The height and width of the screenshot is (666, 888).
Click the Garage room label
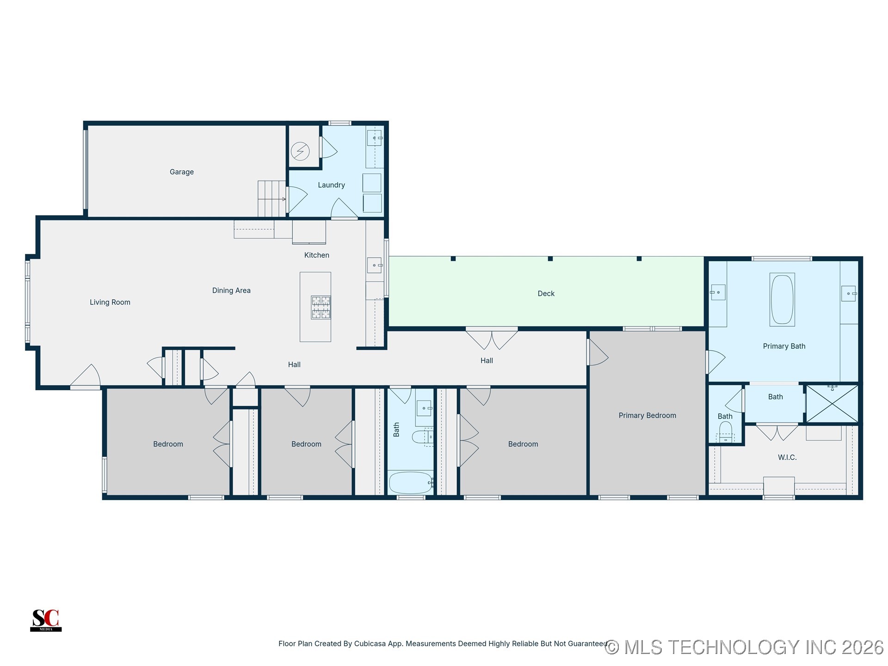[181, 172]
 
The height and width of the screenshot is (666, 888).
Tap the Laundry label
[331, 185]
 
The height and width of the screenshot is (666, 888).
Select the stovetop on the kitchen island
[321, 308]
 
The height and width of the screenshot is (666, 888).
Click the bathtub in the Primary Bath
[782, 300]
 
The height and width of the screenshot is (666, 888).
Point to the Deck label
[546, 294]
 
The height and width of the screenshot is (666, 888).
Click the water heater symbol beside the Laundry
[300, 151]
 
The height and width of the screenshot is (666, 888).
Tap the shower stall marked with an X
[832, 404]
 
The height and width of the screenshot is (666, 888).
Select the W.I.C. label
[787, 457]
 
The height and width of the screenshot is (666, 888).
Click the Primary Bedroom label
[647, 415]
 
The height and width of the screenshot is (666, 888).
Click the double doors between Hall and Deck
[492, 339]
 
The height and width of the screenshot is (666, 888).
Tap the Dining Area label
[231, 290]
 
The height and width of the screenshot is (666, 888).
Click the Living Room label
[110, 302]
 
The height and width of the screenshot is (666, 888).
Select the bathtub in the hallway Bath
[410, 483]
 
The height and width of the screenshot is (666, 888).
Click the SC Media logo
[46, 620]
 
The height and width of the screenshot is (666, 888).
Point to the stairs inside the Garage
[271, 198]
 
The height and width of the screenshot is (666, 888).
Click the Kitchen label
[317, 255]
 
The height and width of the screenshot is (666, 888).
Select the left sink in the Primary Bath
[718, 292]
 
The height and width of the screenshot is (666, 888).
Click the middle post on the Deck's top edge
[550, 259]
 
